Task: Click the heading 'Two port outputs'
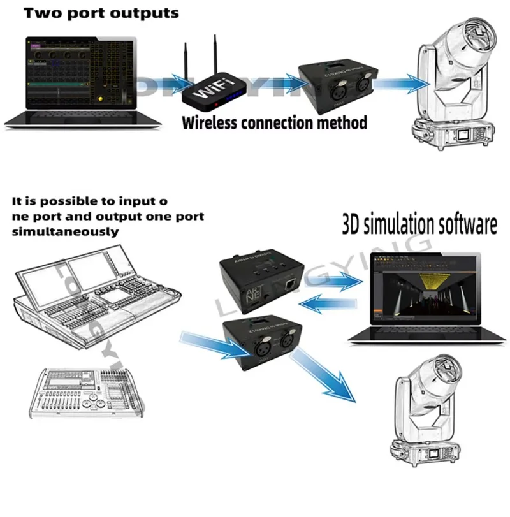92,13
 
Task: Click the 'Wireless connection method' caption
275,122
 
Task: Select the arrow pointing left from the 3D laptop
328,307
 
